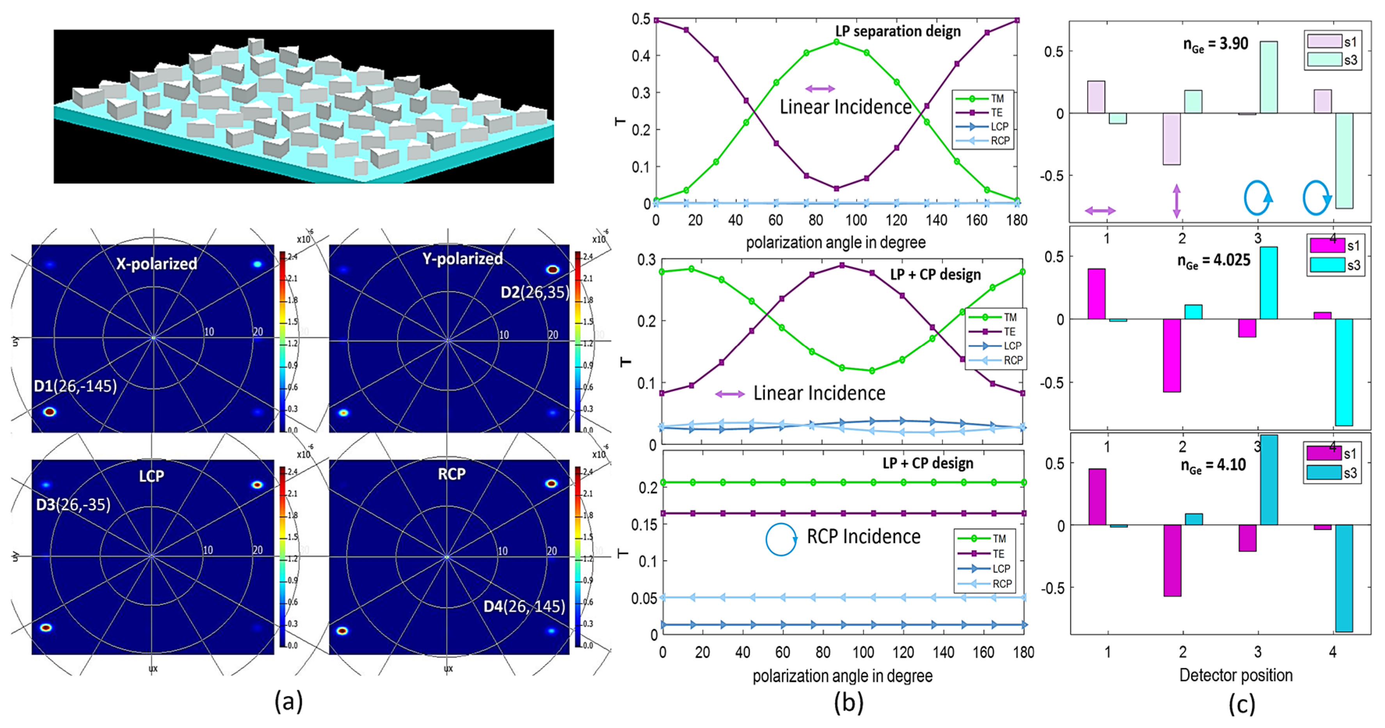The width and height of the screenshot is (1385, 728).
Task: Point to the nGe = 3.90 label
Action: (x=1215, y=44)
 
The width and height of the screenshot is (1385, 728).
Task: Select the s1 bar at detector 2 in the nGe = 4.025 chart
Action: (x=1172, y=355)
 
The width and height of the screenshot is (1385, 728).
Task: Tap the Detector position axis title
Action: (x=1236, y=675)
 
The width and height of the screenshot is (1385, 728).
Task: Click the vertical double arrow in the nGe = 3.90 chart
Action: (x=1176, y=201)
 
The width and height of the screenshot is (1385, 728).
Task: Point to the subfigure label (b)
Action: (x=848, y=702)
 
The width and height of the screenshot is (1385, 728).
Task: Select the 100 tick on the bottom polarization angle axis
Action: (x=863, y=652)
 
